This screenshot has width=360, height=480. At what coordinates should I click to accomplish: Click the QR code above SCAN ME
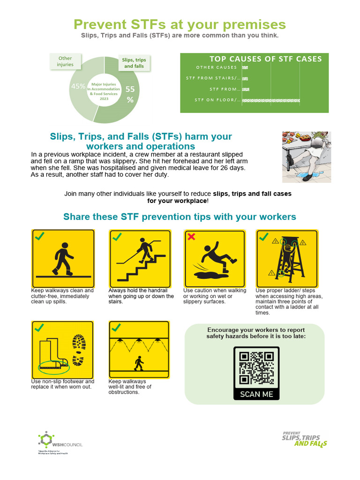(256, 368)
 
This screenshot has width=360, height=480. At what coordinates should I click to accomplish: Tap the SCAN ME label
(256, 394)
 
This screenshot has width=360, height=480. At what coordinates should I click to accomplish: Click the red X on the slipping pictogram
(191, 237)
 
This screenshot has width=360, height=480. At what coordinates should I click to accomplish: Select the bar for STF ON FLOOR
(271, 100)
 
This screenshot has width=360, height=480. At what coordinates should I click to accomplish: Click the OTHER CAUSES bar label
(217, 67)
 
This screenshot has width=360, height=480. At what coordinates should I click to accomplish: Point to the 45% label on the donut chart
(78, 86)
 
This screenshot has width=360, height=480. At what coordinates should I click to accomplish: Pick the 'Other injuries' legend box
(65, 61)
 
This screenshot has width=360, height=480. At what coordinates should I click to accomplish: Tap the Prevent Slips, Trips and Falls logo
(305, 439)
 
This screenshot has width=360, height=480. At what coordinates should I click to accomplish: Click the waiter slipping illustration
(306, 157)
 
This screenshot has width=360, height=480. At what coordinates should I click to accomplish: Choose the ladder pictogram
(287, 259)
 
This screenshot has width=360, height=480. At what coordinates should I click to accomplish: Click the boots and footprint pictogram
(63, 350)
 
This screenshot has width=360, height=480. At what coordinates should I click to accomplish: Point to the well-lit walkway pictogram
(139, 350)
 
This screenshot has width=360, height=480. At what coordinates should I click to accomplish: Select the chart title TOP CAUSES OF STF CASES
(265, 59)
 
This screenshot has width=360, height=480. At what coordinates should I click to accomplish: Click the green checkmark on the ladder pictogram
(263, 237)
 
